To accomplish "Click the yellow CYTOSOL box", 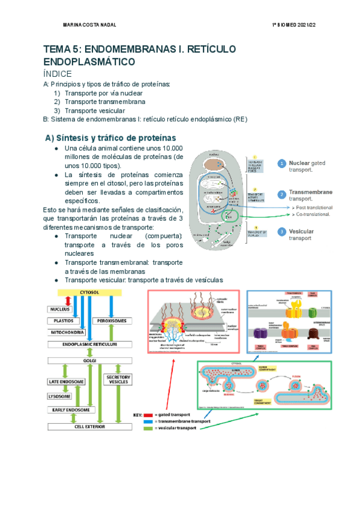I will pos(89,292).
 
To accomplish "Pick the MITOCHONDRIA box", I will pos(68,332).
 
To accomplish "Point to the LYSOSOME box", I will pos(60,396).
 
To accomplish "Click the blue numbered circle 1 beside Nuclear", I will pos(281,163).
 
